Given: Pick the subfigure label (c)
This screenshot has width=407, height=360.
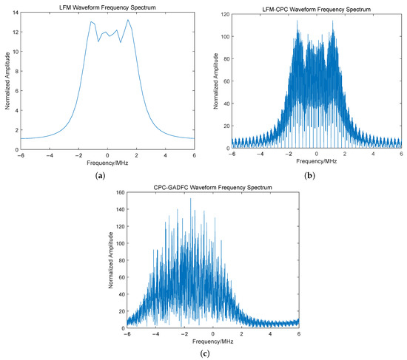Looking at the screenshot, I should point(212,353).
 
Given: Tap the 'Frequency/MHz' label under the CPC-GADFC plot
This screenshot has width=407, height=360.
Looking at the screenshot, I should point(214,342).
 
